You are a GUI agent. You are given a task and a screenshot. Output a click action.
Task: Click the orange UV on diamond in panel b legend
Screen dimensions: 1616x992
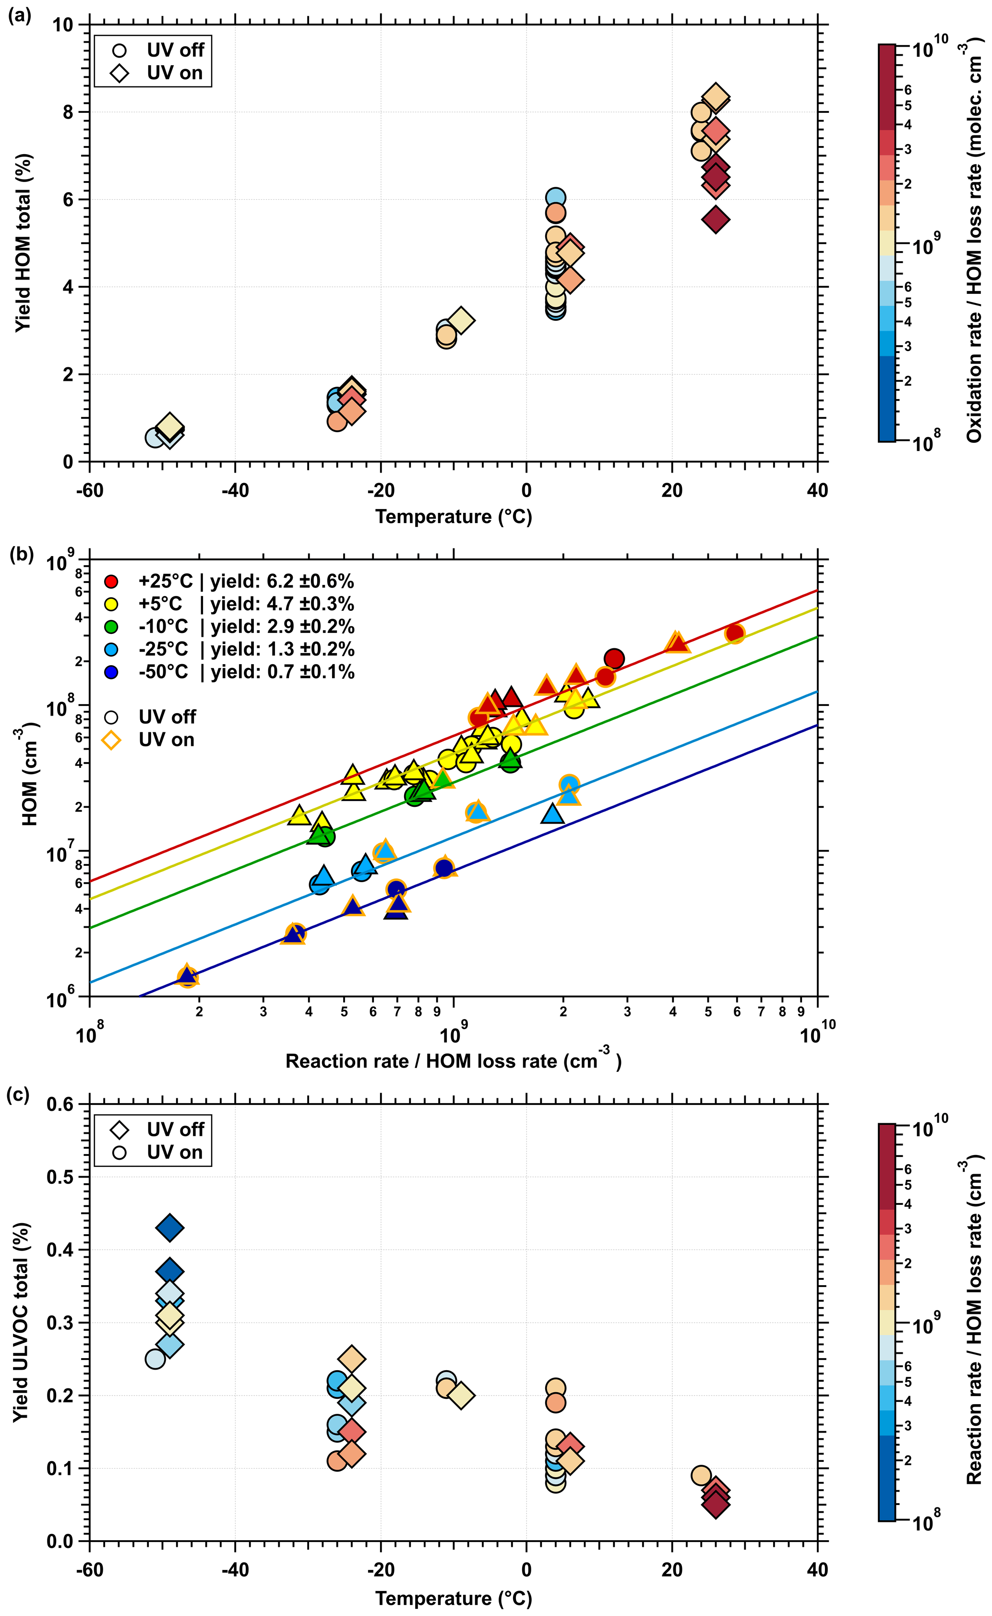click(x=111, y=741)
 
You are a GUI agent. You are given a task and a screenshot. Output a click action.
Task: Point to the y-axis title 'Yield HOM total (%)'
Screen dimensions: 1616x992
click(x=24, y=243)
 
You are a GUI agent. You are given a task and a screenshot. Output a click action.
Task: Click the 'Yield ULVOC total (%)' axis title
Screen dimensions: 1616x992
click(x=21, y=1323)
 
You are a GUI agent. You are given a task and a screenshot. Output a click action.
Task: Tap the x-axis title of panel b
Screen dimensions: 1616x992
click(x=453, y=1061)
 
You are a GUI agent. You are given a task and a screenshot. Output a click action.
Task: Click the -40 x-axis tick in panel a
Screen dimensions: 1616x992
click(x=235, y=490)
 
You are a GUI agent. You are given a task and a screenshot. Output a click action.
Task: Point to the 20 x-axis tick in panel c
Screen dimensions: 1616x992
click(x=672, y=1569)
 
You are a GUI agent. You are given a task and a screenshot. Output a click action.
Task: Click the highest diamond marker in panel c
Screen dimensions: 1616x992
click(x=170, y=1228)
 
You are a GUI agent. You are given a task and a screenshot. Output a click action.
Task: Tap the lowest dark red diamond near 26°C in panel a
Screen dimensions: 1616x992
click(x=715, y=219)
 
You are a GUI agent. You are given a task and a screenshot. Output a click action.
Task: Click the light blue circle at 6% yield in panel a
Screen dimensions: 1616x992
click(x=555, y=197)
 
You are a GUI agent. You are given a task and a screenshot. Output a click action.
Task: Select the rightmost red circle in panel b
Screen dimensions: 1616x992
click(x=735, y=633)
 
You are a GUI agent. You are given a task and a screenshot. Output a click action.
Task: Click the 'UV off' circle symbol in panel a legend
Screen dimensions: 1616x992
click(x=120, y=50)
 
